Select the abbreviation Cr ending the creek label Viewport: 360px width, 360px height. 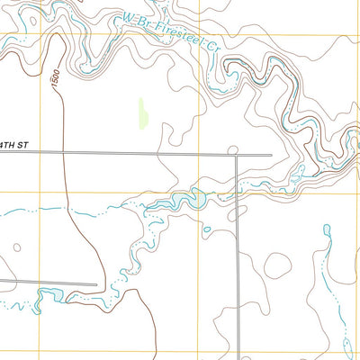(x=212, y=41)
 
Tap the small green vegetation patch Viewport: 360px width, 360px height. (x=142, y=112)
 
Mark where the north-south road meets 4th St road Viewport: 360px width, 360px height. (x=236, y=156)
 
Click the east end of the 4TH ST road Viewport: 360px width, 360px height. (x=271, y=155)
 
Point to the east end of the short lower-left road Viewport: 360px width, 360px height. (x=96, y=285)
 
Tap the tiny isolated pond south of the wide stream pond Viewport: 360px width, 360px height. (x=207, y=229)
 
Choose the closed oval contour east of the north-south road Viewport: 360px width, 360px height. (x=277, y=264)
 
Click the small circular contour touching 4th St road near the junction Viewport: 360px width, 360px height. (x=231, y=149)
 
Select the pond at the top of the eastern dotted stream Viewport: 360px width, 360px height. (x=327, y=230)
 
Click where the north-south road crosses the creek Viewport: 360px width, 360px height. (x=238, y=191)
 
